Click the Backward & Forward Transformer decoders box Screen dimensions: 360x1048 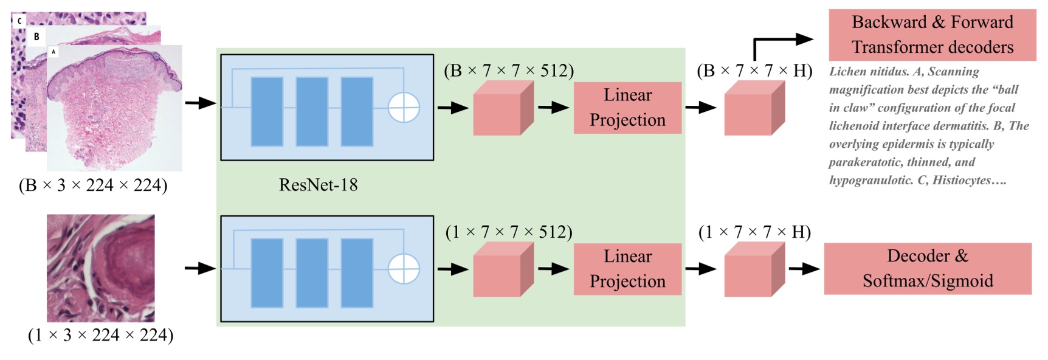click(932, 35)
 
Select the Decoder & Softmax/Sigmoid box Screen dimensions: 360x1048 click(927, 268)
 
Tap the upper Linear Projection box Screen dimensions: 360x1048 click(627, 108)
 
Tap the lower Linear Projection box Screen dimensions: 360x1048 click(627, 269)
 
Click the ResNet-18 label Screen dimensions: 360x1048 click(318, 185)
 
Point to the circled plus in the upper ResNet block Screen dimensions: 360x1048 click(404, 108)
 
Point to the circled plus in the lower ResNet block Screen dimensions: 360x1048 click(404, 268)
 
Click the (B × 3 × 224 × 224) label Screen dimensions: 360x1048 click(93, 185)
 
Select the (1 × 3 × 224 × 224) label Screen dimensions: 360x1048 click(100, 335)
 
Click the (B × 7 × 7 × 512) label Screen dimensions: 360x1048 click(509, 71)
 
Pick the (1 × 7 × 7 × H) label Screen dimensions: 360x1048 click(754, 232)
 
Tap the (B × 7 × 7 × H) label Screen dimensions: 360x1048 click(754, 71)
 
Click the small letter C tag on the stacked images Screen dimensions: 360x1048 click(19, 21)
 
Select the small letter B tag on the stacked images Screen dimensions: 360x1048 click(36, 36)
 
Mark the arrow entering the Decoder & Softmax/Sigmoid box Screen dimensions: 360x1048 click(804, 268)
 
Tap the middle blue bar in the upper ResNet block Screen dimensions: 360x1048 click(312, 111)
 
